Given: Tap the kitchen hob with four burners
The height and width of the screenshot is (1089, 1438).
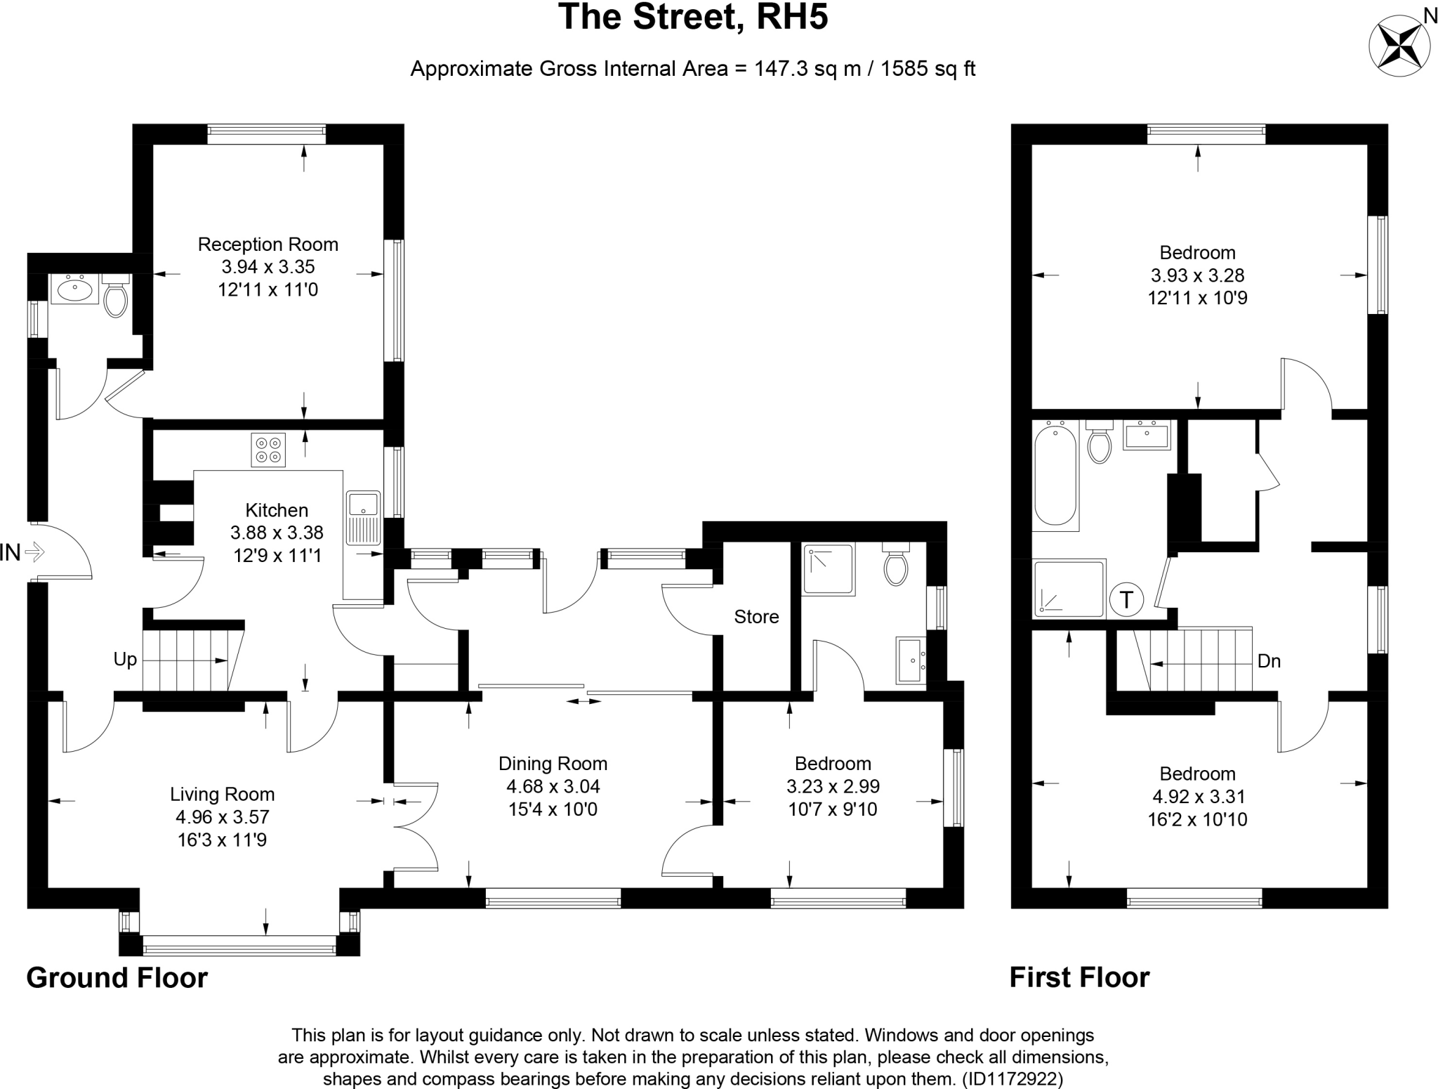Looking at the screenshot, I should (268, 450).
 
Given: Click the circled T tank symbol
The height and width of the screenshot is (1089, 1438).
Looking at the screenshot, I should (1127, 600).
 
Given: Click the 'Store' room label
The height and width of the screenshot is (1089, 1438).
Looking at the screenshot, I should (756, 617).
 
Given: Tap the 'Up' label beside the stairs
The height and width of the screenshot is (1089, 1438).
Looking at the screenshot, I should (126, 660).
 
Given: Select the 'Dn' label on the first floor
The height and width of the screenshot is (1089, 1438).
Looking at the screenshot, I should (1269, 661).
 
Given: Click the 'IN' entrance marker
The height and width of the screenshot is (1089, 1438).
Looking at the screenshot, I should (11, 553).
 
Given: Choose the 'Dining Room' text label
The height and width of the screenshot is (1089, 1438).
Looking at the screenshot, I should (553, 764).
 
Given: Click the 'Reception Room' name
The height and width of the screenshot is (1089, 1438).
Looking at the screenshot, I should (268, 244).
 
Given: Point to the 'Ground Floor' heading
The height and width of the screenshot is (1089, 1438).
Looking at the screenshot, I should (117, 977).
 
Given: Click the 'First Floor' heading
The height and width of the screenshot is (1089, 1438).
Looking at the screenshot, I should (1079, 977).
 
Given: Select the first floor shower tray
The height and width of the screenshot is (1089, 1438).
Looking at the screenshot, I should (1069, 589).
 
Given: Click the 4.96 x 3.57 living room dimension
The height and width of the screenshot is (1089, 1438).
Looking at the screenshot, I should (222, 817).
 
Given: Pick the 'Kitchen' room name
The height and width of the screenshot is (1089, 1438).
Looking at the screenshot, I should (277, 510).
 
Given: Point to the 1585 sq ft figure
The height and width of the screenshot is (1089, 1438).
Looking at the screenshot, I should (928, 69).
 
